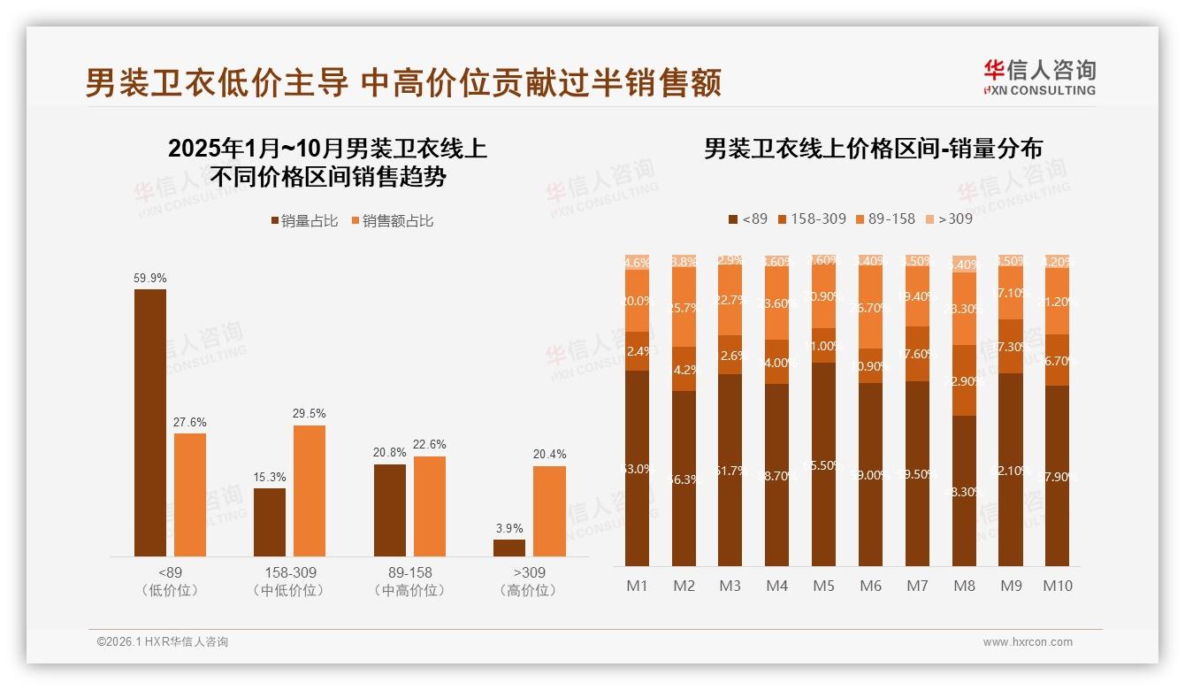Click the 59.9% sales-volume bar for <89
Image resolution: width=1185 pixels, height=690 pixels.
[x=150, y=423]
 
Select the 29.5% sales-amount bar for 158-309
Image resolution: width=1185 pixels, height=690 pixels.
[x=310, y=491]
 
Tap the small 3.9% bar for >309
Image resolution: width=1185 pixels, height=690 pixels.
[x=509, y=548]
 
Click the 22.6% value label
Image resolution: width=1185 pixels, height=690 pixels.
[x=430, y=445]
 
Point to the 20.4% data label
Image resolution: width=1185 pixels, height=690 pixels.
[x=549, y=454]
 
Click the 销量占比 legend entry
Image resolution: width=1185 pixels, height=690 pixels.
[x=305, y=221]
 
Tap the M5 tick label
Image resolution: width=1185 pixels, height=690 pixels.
[x=823, y=586]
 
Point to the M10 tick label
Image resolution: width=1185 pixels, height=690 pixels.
[x=1057, y=586]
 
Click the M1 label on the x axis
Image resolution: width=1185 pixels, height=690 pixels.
[x=637, y=586]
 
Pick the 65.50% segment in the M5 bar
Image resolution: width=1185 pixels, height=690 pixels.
[x=823, y=464]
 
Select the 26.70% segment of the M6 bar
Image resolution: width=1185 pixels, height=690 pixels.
[x=870, y=308]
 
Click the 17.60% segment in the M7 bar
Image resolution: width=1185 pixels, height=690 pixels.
[x=917, y=354]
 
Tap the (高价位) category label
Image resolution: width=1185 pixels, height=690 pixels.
[x=528, y=590]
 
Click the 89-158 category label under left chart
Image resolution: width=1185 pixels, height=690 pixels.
[x=409, y=572]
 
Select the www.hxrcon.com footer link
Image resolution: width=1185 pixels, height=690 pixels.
[x=1028, y=642]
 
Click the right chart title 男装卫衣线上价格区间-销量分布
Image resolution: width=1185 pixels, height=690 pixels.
[x=873, y=148]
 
